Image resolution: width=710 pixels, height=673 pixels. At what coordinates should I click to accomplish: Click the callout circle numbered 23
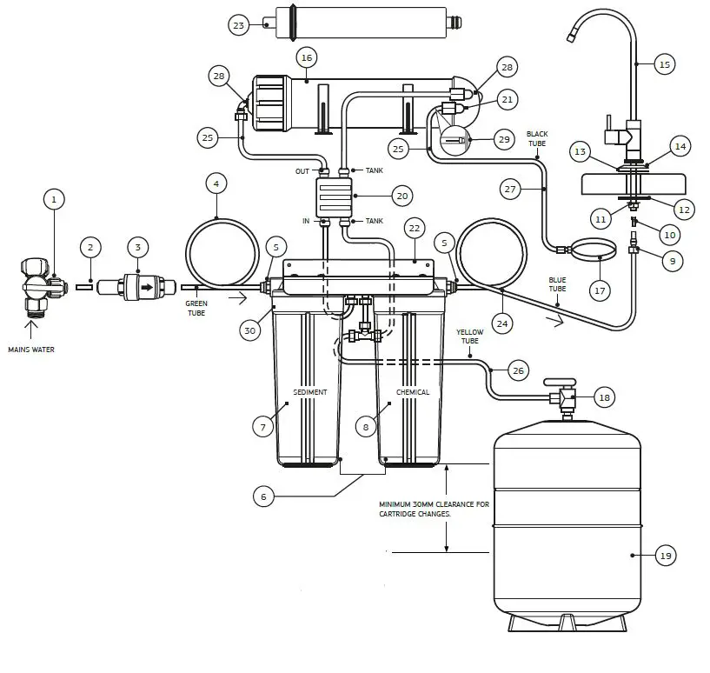pos(238,25)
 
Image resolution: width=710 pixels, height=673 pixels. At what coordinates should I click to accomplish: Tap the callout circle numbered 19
pos(665,556)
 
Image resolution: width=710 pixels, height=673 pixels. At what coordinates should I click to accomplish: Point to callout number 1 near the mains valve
pos(54,199)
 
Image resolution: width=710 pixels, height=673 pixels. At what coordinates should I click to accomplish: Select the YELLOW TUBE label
pos(470,336)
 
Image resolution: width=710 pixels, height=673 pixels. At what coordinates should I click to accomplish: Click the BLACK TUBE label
pos(537,138)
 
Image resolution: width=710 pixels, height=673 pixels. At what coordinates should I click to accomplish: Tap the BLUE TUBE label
pos(557,283)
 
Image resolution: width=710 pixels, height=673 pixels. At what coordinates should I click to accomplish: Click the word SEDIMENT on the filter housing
pos(309,392)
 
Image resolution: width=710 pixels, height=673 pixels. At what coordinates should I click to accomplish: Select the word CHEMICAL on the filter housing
pos(413,392)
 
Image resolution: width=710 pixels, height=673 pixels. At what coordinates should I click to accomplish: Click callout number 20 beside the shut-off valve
pos(401,196)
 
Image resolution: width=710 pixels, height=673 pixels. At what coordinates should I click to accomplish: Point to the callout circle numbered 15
pos(665,64)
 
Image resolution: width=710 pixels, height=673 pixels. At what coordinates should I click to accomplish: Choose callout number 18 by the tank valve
pos(605,397)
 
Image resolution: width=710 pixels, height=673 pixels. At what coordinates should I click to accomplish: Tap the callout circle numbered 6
pos(264,496)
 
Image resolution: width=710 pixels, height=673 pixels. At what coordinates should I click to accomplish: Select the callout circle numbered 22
pos(415,228)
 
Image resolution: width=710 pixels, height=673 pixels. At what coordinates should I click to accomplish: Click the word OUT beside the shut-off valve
pos(302,171)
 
